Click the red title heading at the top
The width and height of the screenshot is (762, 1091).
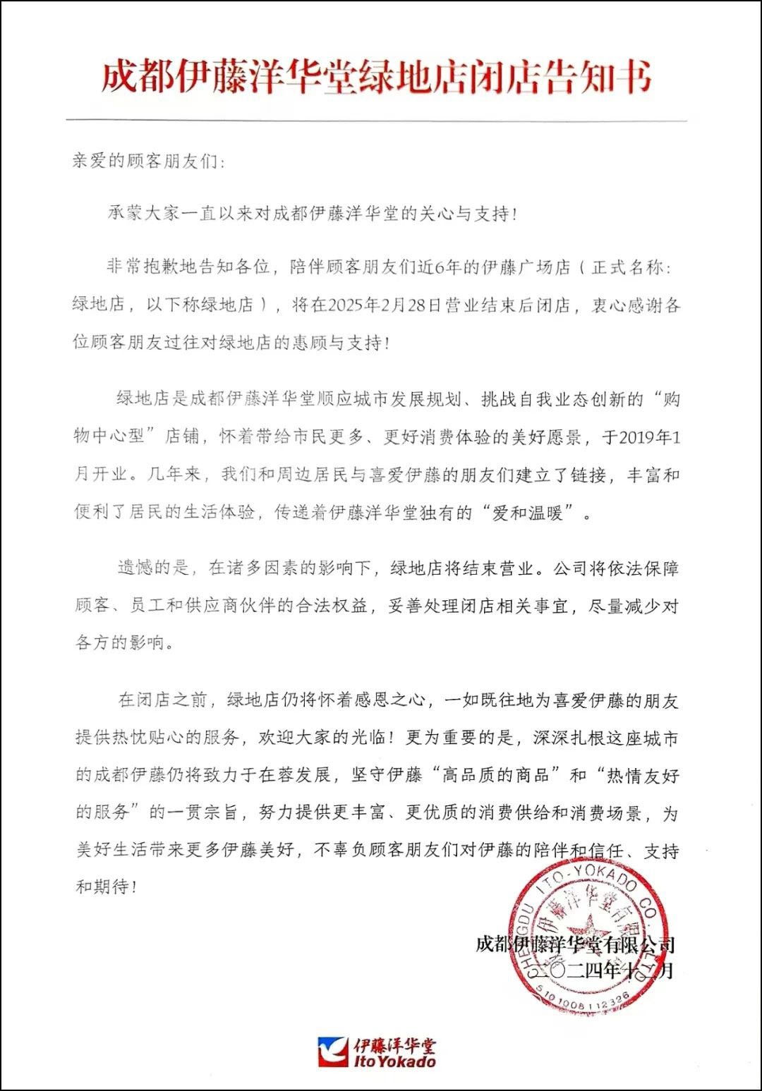tap(376, 77)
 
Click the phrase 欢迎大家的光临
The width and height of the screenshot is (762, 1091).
tap(322, 738)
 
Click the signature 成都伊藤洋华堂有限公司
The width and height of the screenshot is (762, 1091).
tap(575, 944)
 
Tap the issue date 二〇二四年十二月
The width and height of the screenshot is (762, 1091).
tap(611, 971)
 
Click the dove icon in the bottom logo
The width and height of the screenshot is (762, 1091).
tap(333, 1052)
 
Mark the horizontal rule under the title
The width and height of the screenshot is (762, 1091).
tap(376, 121)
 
